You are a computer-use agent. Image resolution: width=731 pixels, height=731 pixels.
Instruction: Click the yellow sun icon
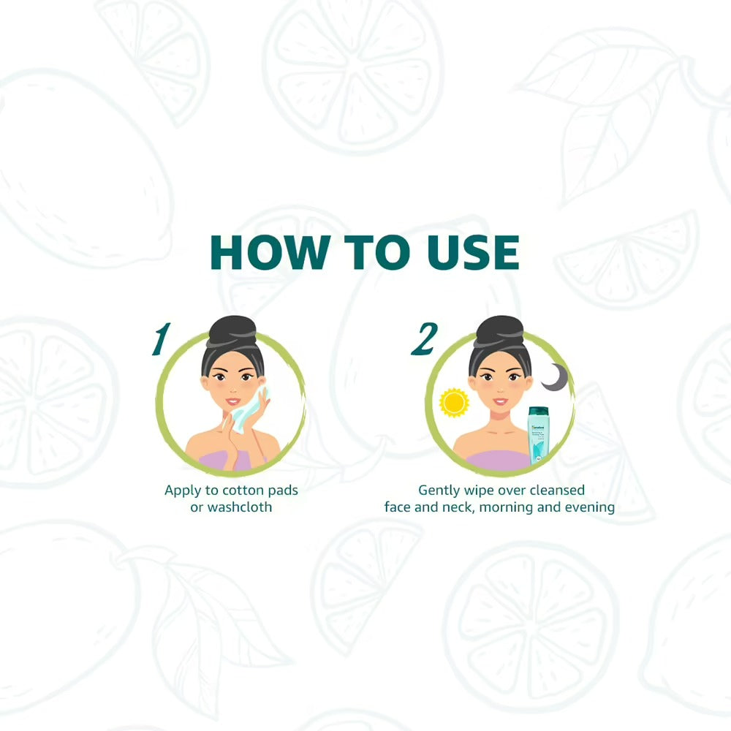[x=453, y=403]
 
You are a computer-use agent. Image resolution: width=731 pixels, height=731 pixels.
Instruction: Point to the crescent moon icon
[x=555, y=377]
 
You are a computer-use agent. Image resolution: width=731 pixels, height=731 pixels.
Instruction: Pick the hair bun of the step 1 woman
[x=232, y=331]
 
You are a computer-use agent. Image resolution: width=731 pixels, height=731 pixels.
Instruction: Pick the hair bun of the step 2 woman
[x=499, y=331]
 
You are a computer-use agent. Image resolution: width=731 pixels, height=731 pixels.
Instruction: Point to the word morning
[x=509, y=507]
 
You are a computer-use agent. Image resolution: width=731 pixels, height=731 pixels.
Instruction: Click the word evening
[x=588, y=507]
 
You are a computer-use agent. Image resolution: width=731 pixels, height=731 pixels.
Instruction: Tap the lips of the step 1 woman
[x=232, y=401]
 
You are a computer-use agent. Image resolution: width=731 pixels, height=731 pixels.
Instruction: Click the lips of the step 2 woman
[x=500, y=401]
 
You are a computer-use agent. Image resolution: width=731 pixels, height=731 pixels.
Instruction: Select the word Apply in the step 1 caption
[x=182, y=491]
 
